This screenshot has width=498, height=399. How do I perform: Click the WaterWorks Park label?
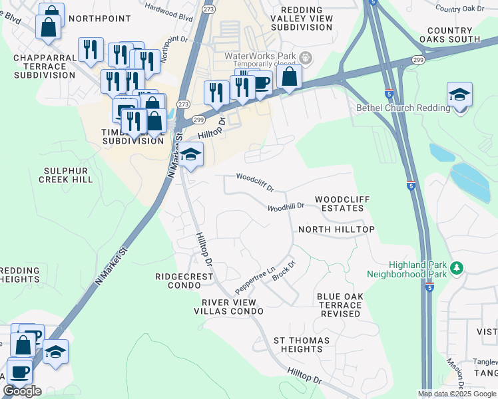pos(261,57)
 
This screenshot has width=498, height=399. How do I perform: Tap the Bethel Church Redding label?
pos(394,108)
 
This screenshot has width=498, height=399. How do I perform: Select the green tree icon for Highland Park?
pos(457,268)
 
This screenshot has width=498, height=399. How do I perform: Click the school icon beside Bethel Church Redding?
pos(459,95)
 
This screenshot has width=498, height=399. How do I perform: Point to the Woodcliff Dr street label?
pos(255,183)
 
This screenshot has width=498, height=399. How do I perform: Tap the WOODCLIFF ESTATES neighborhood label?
pos(340,203)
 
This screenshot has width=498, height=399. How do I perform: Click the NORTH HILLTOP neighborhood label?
pos(336,229)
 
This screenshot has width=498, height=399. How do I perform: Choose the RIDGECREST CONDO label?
pos(178,281)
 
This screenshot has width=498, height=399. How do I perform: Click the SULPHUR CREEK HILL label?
pos(65,175)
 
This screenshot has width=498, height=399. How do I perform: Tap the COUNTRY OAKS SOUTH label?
pos(449,35)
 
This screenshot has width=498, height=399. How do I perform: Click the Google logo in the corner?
pos(22,391)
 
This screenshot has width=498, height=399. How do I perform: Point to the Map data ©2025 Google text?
pos(457,394)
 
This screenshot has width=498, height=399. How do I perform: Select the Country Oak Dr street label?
pos(460,9)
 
